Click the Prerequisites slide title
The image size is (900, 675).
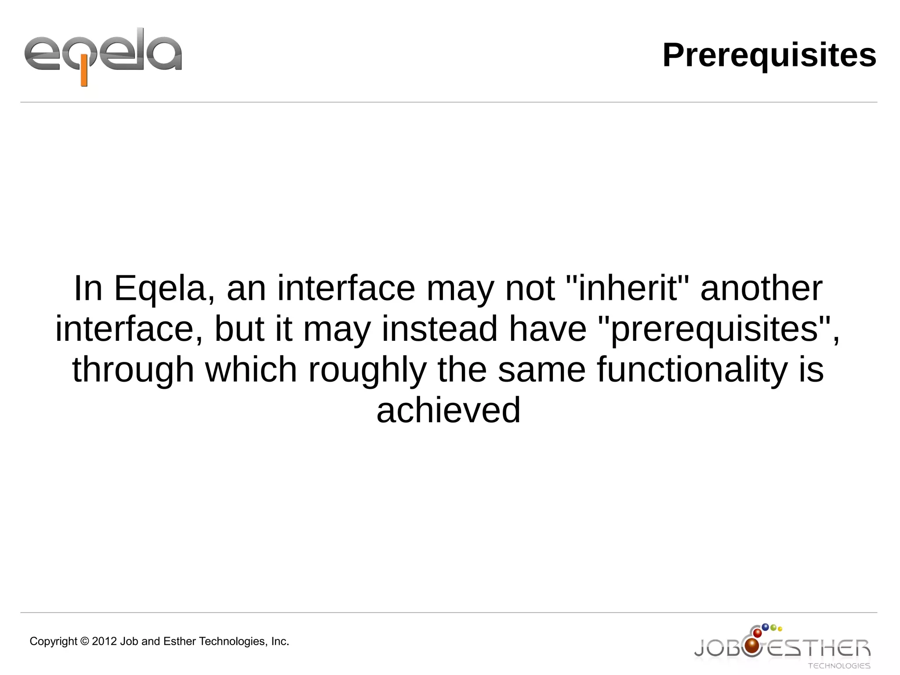pyautogui.click(x=769, y=55)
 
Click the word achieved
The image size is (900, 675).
pyautogui.click(x=448, y=410)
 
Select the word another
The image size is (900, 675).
pyautogui.click(x=761, y=289)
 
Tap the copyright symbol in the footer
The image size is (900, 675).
pyautogui.click(x=85, y=642)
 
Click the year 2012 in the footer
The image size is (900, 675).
pyautogui.click(x=105, y=642)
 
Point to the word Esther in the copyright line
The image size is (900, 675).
pyautogui.click(x=179, y=642)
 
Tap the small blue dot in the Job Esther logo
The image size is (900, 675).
pyautogui.click(x=765, y=627)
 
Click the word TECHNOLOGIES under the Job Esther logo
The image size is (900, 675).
pyautogui.click(x=839, y=666)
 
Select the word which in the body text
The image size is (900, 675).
pyautogui.click(x=251, y=369)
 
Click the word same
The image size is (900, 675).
pyautogui.click(x=542, y=369)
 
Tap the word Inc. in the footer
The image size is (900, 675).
pyautogui.click(x=280, y=642)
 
